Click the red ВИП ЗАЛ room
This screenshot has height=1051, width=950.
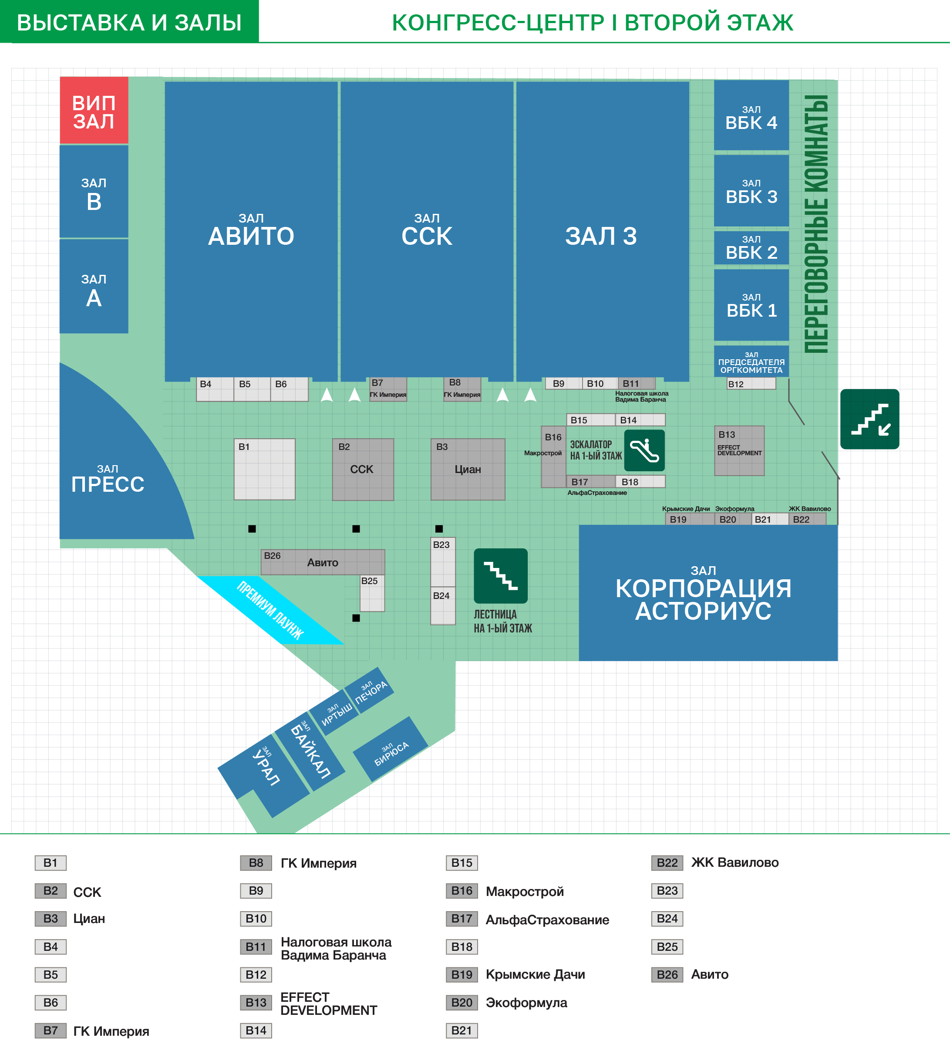pyautogui.click(x=94, y=111)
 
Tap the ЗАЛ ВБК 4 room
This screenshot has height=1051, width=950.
pyautogui.click(x=751, y=115)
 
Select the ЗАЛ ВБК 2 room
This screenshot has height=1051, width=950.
pyautogui.click(x=751, y=248)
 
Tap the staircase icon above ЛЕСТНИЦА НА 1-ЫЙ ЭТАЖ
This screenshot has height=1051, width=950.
pyautogui.click(x=500, y=575)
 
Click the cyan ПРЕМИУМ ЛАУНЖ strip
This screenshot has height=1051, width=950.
pyautogui.click(x=270, y=610)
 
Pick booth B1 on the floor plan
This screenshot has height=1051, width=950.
pyautogui.click(x=264, y=469)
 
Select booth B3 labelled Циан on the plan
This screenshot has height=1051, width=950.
pyautogui.click(x=468, y=469)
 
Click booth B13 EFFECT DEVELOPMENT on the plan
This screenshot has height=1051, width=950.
pyautogui.click(x=739, y=450)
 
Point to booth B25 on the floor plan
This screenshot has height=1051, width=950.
pyautogui.click(x=372, y=593)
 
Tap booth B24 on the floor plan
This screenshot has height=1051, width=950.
pyautogui.click(x=443, y=606)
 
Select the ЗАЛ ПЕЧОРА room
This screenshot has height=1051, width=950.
pyautogui.click(x=370, y=691)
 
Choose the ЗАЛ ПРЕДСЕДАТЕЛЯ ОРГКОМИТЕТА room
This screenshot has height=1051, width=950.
pyautogui.click(x=751, y=361)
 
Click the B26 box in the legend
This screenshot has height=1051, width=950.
pyautogui.click(x=667, y=974)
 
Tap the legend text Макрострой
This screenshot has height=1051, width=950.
pyautogui.click(x=525, y=891)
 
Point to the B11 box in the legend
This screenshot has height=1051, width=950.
pyautogui.click(x=256, y=947)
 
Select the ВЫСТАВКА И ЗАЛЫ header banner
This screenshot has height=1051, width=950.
pyautogui.click(x=129, y=21)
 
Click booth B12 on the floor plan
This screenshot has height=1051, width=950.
pyautogui.click(x=751, y=384)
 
